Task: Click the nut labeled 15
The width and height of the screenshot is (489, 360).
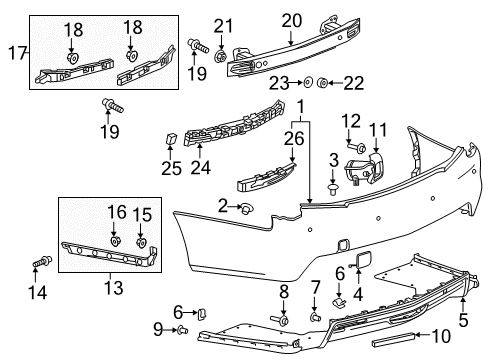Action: click(141, 242)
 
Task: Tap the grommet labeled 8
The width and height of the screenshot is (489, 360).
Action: click(284, 321)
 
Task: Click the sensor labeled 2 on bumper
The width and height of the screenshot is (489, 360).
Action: click(243, 208)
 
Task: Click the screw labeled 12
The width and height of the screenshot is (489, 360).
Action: click(357, 148)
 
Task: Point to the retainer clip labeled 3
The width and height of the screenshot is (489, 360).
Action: click(333, 183)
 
